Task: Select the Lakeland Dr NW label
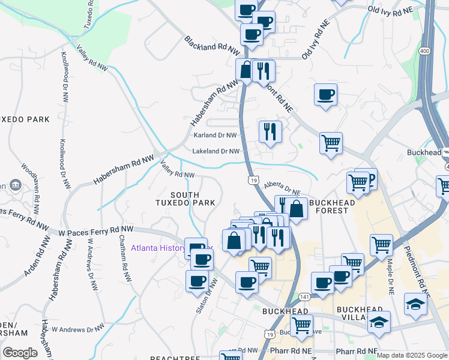coord(216,152)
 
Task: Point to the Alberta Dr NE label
coord(282,188)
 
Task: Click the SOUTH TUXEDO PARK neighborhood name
coord(193,199)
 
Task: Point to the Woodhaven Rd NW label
coord(30,183)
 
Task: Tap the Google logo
coord(20,353)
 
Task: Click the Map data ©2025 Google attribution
coord(412,355)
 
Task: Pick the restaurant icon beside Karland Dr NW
coord(270,131)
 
